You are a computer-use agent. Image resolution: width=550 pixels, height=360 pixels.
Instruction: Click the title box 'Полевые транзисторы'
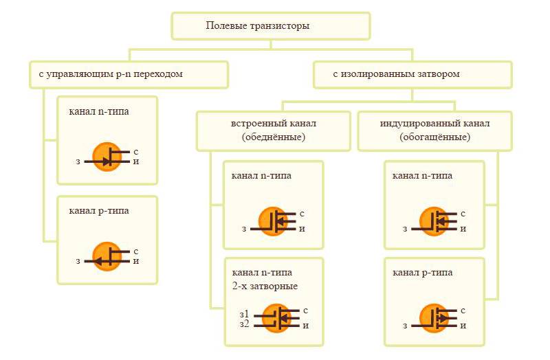[270, 26]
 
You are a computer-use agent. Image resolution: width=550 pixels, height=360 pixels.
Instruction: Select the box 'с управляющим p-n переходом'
[128, 74]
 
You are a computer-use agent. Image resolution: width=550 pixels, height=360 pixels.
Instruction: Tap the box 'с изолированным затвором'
[412, 74]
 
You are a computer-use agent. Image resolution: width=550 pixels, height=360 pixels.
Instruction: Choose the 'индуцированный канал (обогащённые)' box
[434, 131]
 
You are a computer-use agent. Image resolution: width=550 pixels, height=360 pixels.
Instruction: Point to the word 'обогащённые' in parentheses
[434, 137]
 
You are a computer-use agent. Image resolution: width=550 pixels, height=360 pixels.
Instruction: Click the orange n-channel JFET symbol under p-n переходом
[107, 157]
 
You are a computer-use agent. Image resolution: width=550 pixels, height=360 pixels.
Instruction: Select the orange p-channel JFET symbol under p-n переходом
[107, 257]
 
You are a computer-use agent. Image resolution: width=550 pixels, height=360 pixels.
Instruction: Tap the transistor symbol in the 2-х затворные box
[279, 317]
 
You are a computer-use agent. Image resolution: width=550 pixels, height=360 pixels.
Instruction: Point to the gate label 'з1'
[244, 313]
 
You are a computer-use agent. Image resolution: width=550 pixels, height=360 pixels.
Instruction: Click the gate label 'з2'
[244, 323]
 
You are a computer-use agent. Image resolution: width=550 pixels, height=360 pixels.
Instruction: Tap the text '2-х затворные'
[265, 286]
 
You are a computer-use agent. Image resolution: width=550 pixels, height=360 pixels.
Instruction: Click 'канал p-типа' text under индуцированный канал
[422, 273]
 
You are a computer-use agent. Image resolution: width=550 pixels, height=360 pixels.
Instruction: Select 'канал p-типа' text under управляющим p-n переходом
[99, 210]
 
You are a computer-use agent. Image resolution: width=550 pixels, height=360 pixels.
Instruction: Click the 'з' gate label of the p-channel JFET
[78, 261]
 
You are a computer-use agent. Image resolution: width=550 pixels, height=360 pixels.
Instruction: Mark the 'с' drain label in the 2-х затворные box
[305, 311]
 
